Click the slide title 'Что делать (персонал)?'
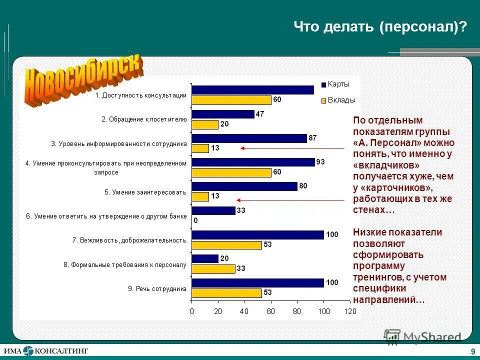point(379,26)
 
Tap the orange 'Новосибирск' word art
point(84,80)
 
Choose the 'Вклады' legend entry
point(340,100)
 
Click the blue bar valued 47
point(223,114)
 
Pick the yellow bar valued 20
point(205,124)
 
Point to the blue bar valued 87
point(249,138)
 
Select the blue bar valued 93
point(253,162)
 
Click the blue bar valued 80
point(244,186)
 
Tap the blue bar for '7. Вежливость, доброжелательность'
point(257,235)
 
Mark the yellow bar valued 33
point(213,269)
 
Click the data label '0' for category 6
point(195,220)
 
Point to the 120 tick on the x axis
point(350,312)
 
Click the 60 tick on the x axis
point(270,312)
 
